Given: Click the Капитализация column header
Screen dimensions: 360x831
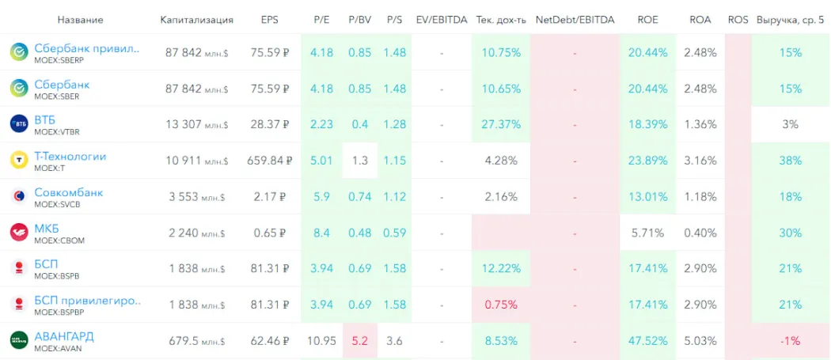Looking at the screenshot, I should coord(196,19).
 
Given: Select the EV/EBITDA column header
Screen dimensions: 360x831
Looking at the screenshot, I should coord(442,19).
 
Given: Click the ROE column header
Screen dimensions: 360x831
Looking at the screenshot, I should coord(647,19).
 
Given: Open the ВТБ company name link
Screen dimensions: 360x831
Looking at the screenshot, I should coord(45,120).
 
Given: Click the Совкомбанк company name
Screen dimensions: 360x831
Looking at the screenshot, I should coord(68,192).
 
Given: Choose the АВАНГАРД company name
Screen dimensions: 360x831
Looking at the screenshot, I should coord(63,336).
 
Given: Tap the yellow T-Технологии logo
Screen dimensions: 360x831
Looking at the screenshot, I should coord(19,161).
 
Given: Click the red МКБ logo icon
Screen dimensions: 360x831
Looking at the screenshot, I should coord(19,233).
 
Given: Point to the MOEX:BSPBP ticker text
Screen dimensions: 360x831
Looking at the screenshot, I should coord(59,312).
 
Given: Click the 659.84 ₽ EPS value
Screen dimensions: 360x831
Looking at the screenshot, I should coord(269,161).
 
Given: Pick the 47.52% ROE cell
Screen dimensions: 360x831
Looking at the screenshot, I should coord(647,341).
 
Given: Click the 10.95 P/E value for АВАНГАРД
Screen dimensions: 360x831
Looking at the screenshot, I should coord(321,341).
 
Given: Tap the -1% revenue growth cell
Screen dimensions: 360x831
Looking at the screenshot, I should coord(790,341).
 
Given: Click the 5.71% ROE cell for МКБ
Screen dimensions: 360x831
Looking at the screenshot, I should coord(647,233).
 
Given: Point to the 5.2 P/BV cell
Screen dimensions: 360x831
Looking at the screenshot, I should coord(359,341).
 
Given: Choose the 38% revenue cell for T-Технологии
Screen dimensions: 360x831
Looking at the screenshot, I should coord(790,161).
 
